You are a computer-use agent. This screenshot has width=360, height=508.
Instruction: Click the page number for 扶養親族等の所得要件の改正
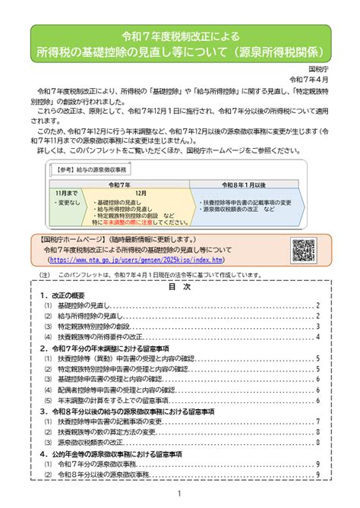click(x=317, y=336)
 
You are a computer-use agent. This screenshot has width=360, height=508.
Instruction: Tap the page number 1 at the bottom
click(x=180, y=493)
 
